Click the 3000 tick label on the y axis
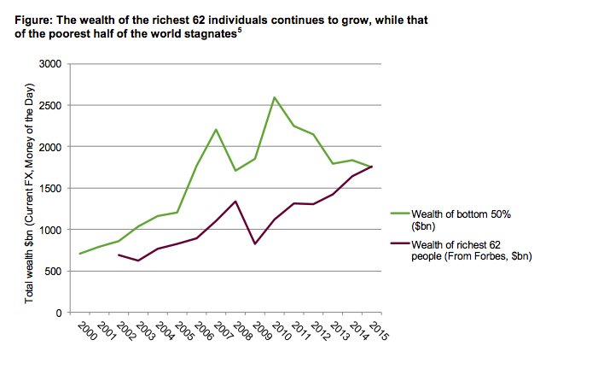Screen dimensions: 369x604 tap(49, 64)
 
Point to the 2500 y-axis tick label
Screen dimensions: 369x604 tap(49, 106)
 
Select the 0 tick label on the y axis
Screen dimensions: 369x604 tap(59, 313)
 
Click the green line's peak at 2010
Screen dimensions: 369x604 tap(274, 97)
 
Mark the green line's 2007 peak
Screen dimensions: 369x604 tap(216, 130)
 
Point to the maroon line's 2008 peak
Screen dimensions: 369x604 tap(235, 202)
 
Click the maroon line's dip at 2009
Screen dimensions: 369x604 tap(254, 244)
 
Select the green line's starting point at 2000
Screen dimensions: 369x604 tap(80, 254)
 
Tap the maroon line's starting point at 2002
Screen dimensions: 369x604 tap(119, 255)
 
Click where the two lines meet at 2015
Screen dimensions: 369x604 tap(371, 167)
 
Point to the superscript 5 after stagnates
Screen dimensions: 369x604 tap(241, 30)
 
